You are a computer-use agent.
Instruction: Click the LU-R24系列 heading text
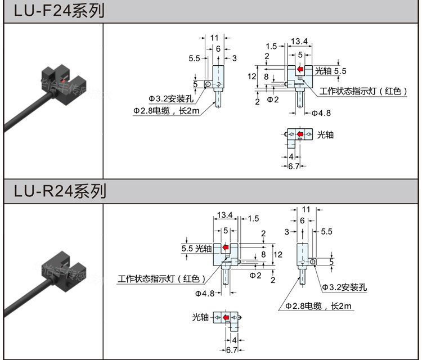tap(59, 191)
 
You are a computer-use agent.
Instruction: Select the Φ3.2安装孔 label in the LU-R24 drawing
tap(344, 287)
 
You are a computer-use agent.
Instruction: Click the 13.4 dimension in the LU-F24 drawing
tap(299, 40)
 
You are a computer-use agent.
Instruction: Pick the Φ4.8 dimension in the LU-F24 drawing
tap(319, 113)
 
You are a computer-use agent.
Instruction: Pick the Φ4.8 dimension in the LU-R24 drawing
tap(205, 293)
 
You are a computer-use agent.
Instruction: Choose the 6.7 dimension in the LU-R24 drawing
tap(231, 350)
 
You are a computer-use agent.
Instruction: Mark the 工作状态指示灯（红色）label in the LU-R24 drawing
tap(160, 278)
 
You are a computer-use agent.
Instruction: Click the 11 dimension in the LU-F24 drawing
tap(214, 37)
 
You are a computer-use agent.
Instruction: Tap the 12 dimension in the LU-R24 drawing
tap(277, 255)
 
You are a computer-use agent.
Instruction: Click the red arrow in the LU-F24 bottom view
tap(300, 134)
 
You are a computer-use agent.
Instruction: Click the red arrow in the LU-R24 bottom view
tap(226, 318)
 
